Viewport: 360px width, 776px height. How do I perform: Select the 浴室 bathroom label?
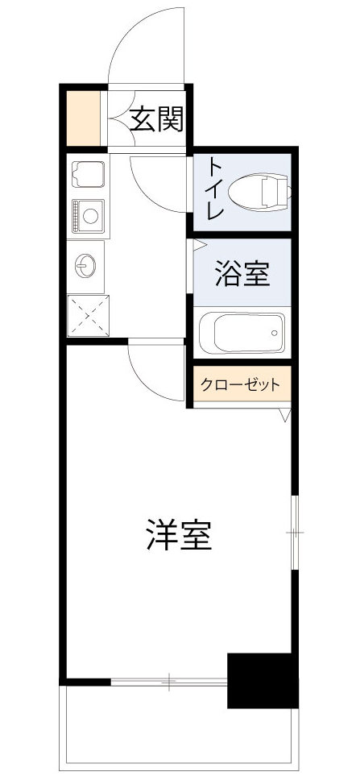point(242,276)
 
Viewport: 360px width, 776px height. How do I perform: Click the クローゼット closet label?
point(241,384)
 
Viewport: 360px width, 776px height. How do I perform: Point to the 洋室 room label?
point(179,535)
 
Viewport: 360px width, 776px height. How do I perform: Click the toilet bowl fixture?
point(259,192)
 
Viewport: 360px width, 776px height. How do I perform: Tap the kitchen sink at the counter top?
point(87,173)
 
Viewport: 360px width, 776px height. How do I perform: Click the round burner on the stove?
point(89,215)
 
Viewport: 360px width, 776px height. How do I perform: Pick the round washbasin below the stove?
point(86,264)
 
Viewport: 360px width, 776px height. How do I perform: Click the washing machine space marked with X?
point(88,314)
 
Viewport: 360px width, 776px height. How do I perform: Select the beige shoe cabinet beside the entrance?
point(83,119)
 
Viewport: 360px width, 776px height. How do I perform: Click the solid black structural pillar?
point(263,680)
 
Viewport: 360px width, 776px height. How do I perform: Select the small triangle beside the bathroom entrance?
point(198,244)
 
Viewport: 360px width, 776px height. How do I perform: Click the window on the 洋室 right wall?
point(296,533)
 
